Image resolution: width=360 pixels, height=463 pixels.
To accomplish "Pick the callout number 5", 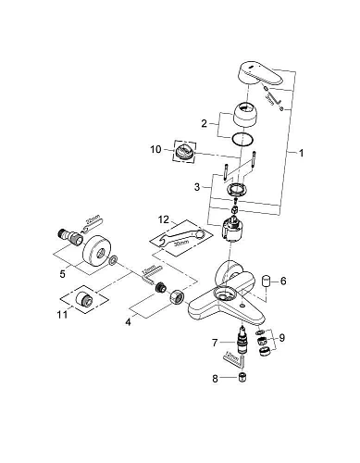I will pyautogui.click(x=63, y=274).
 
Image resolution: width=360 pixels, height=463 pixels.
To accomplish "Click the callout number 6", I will pyautogui.click(x=284, y=281).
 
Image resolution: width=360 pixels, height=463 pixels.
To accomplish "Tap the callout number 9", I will pyautogui.click(x=281, y=338).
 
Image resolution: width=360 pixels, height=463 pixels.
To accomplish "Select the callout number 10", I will pyautogui.click(x=155, y=148).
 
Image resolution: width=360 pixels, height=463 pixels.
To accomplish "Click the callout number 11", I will pyautogui.click(x=62, y=315).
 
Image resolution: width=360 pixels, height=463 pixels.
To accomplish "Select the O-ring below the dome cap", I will pyautogui.click(x=242, y=139).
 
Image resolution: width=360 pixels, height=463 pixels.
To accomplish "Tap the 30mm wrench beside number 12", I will pyautogui.click(x=176, y=241).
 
